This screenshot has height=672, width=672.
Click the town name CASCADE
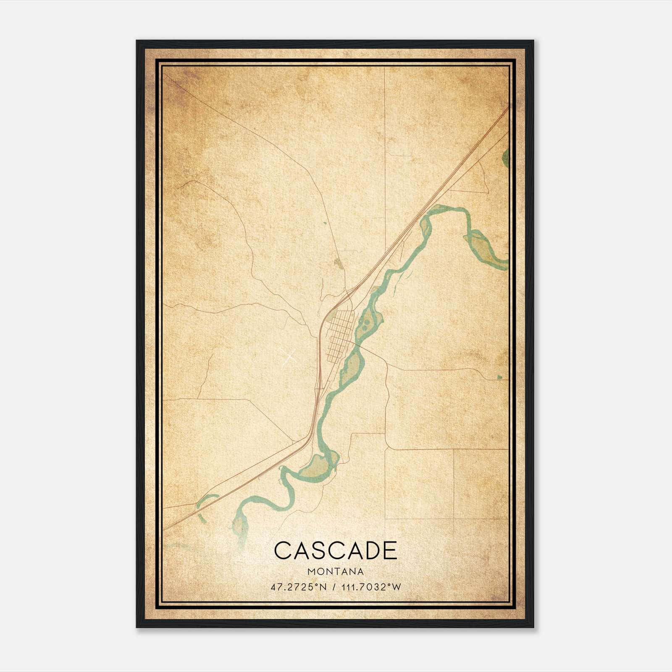point(336,551)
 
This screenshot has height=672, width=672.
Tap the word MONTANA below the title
point(336,572)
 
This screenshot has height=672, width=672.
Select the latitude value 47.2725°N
point(299,587)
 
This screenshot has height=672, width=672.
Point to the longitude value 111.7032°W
point(371,587)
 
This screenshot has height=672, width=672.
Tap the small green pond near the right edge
point(499,377)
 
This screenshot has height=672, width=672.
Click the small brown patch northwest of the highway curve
point(338,263)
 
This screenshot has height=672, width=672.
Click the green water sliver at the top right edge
point(505,157)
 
